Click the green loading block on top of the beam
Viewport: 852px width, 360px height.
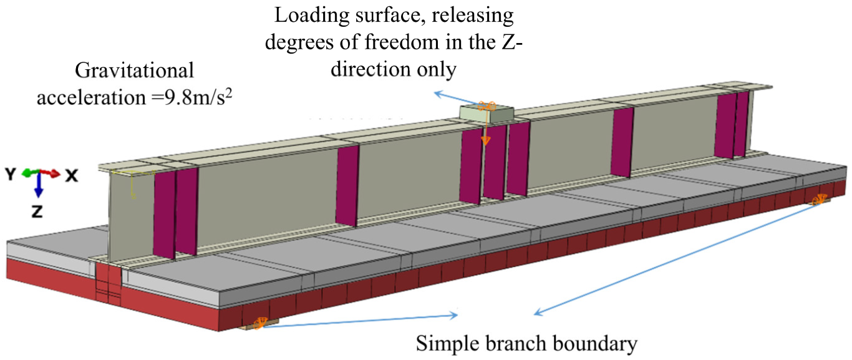487,113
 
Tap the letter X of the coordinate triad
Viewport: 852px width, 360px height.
72,176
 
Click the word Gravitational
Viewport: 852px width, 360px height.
135,70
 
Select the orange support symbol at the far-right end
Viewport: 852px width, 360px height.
819,200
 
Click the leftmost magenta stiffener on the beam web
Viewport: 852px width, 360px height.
163,215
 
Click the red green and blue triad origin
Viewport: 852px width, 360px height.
38,173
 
